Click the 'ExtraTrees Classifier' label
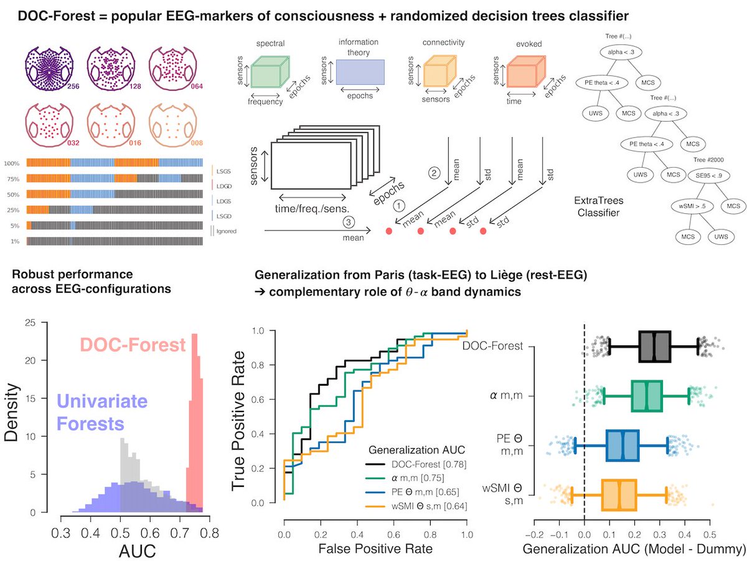pyautogui.click(x=605, y=207)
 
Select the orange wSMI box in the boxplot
pyautogui.click(x=619, y=496)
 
